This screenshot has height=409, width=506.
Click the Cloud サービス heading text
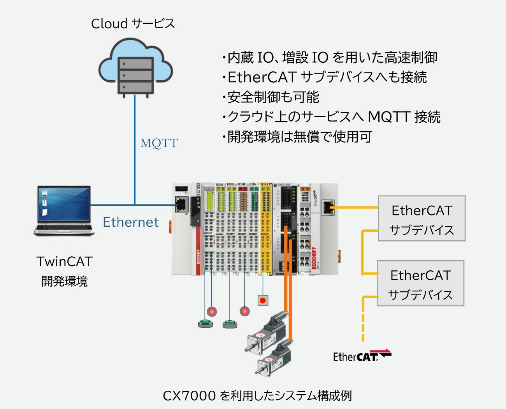[x=133, y=24]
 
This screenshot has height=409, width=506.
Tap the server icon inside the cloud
[x=135, y=76]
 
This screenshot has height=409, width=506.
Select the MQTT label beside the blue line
[x=159, y=143]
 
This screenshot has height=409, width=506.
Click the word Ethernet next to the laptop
[x=131, y=222]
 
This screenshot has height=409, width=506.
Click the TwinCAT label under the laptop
[x=64, y=261]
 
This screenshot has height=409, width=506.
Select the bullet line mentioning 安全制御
[x=271, y=97]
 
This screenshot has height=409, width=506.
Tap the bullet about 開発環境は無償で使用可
[x=297, y=137]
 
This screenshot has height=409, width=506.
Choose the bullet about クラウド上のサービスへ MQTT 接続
[x=331, y=117]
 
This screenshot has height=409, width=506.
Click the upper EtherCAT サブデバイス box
[x=422, y=219]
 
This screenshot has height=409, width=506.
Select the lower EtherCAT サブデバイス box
[x=420, y=283]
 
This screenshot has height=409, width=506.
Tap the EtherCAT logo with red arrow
[x=362, y=355]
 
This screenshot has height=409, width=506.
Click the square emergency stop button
[x=263, y=300]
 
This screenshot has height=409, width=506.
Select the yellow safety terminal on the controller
[x=265, y=230]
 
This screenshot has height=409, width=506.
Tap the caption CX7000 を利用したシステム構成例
[x=257, y=396]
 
